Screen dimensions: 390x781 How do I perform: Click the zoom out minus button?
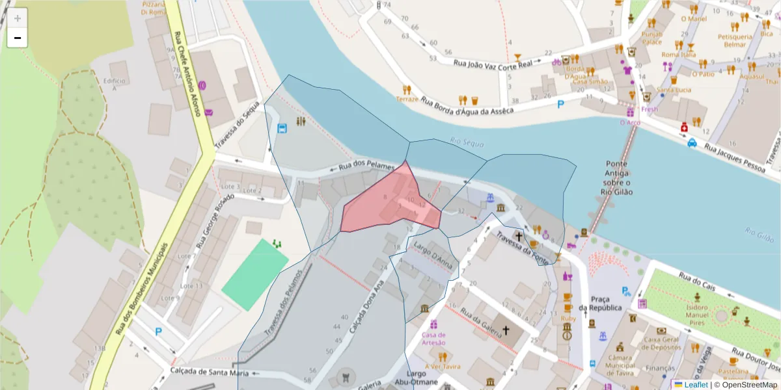click(x=18, y=38)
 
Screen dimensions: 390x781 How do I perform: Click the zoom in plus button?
click(x=18, y=18)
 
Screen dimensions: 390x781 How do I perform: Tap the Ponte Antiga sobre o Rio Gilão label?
click(x=616, y=177)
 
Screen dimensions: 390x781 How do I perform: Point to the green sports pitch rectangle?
click(x=254, y=274)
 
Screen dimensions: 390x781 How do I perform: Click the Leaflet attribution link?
click(x=696, y=385)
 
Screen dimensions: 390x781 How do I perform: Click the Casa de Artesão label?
click(x=433, y=339)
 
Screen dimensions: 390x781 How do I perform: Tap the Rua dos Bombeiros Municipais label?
click(x=142, y=290)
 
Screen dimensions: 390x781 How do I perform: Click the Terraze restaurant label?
click(x=407, y=99)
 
